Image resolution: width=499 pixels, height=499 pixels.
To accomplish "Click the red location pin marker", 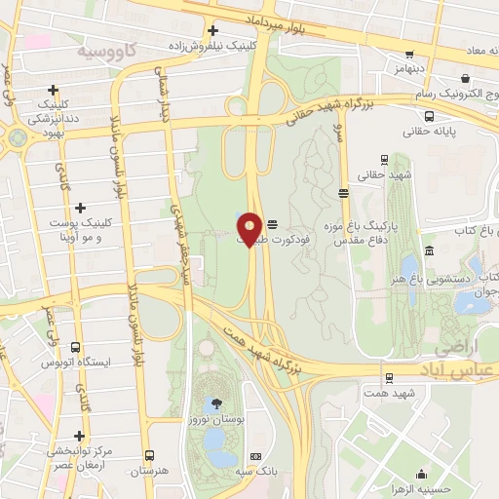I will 250,230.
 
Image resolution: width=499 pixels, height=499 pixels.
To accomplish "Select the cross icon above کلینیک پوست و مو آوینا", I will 81,208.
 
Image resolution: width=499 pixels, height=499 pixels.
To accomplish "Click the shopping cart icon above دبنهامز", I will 408,55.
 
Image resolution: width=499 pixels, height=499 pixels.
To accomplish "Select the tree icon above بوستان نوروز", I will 215,403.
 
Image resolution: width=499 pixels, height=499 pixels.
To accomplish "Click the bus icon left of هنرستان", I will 149,455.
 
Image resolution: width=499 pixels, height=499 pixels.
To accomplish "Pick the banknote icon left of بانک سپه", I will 256,457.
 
